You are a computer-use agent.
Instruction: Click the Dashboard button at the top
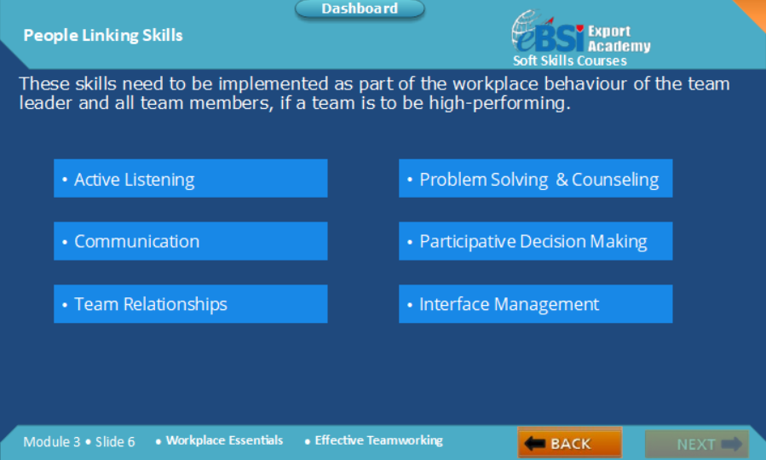(x=360, y=9)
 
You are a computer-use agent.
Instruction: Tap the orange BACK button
(x=570, y=443)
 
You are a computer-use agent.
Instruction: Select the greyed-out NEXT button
(x=697, y=444)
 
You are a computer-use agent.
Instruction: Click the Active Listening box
(x=191, y=178)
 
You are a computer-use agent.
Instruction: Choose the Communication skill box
(x=191, y=241)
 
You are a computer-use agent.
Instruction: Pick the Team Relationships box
(x=191, y=304)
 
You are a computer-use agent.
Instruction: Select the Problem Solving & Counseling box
(x=535, y=178)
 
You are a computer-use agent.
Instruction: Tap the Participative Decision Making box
(x=535, y=241)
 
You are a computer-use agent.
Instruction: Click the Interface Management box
(x=535, y=304)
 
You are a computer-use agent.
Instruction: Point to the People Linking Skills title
(x=103, y=36)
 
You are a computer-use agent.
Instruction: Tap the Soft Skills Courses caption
(x=570, y=60)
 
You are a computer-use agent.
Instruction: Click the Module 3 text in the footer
(x=52, y=442)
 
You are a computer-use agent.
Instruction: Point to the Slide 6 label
(x=115, y=442)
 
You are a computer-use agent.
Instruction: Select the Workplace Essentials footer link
(x=224, y=440)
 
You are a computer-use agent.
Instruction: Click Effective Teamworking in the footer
(x=378, y=440)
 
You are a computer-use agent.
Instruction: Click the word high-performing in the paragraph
(x=497, y=103)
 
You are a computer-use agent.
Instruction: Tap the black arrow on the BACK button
(x=534, y=444)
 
